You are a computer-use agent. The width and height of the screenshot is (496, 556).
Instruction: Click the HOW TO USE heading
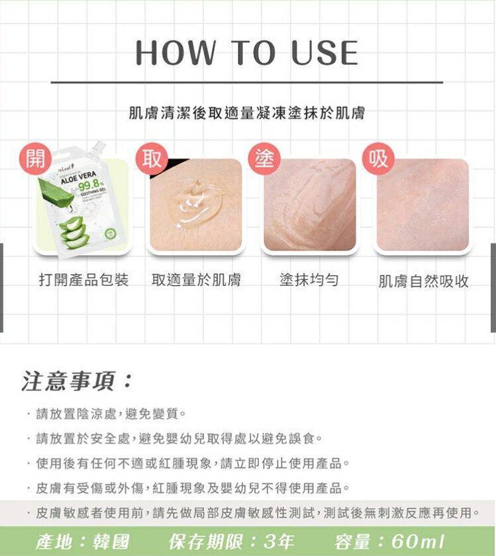coord(247,52)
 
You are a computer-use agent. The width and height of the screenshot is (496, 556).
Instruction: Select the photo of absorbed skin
coord(422,205)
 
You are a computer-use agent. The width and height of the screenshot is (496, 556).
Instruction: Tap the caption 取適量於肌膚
coord(196,280)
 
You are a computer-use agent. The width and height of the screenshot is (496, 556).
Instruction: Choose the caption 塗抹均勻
coord(309,280)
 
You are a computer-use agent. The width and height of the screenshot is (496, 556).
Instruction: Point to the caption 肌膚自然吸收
coord(424,281)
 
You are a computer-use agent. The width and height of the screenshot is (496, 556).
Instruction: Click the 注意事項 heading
coord(75,381)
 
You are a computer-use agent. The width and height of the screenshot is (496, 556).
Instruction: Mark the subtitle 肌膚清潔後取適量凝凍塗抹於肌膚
coord(247,114)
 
